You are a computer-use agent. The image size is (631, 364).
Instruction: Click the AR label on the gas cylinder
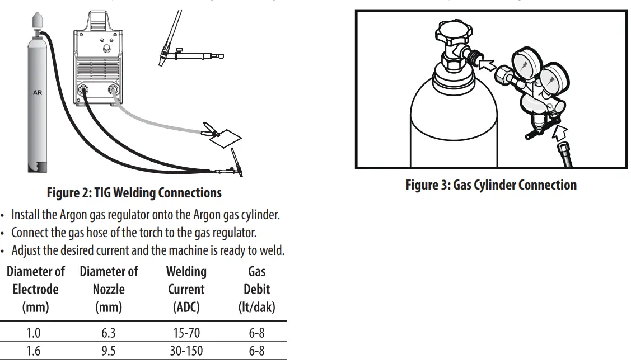point(38,92)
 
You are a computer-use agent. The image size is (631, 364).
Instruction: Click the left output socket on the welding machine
point(84,89)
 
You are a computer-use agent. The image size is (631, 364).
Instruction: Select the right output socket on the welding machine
point(114,89)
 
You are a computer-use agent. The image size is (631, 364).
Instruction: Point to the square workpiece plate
point(227,138)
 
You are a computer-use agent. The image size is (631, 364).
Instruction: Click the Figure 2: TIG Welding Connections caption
point(134,193)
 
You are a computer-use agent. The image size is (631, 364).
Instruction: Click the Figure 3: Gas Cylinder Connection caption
point(491,185)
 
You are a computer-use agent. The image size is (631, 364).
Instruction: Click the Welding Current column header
point(186,289)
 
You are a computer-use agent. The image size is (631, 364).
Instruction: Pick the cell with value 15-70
point(186,333)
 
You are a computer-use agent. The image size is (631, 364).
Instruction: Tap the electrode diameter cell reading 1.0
point(34,333)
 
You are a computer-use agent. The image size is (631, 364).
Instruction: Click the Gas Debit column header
point(256,289)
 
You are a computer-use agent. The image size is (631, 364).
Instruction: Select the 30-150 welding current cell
point(186,351)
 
